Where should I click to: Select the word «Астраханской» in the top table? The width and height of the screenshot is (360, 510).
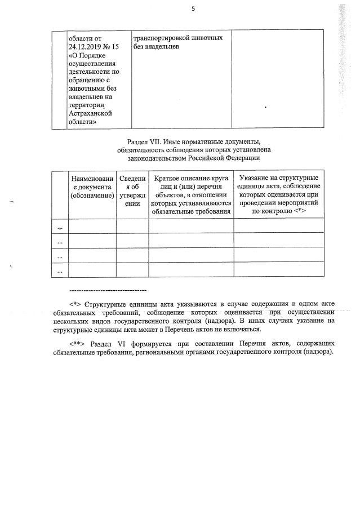(x=90, y=113)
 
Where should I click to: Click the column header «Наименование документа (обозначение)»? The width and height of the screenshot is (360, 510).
(x=92, y=187)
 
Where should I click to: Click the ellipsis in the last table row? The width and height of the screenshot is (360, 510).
(x=60, y=271)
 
